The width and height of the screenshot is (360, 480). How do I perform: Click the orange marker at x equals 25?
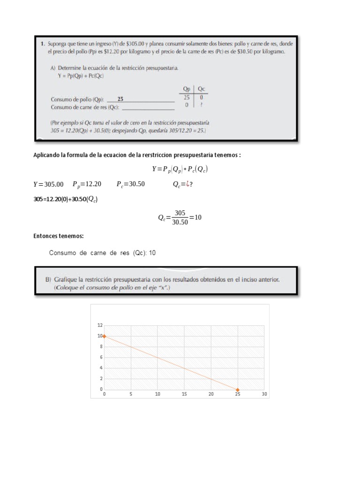pos(238,390)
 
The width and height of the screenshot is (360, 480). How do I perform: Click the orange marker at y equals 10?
pos(104,336)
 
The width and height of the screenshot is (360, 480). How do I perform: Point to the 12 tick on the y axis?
pos(99,325)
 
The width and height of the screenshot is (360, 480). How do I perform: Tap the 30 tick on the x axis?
pos(264,395)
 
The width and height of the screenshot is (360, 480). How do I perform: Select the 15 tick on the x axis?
pos(184,395)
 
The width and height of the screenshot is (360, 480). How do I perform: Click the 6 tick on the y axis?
pos(100,357)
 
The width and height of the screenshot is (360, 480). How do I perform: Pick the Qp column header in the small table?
pos(186,89)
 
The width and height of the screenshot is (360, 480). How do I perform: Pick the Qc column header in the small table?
pos(201,89)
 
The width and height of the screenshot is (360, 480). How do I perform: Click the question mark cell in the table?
pos(202,105)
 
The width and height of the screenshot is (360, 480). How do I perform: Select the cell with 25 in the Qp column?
pos(186,97)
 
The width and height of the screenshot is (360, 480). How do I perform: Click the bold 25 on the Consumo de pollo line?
pos(120,99)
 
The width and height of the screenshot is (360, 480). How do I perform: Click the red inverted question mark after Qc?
pos(188,184)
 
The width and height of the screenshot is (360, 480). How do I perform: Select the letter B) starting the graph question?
pos(48,279)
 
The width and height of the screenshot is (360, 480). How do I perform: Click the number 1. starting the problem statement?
pos(43,44)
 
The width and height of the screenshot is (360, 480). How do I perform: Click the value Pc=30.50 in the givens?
pos(131,184)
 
